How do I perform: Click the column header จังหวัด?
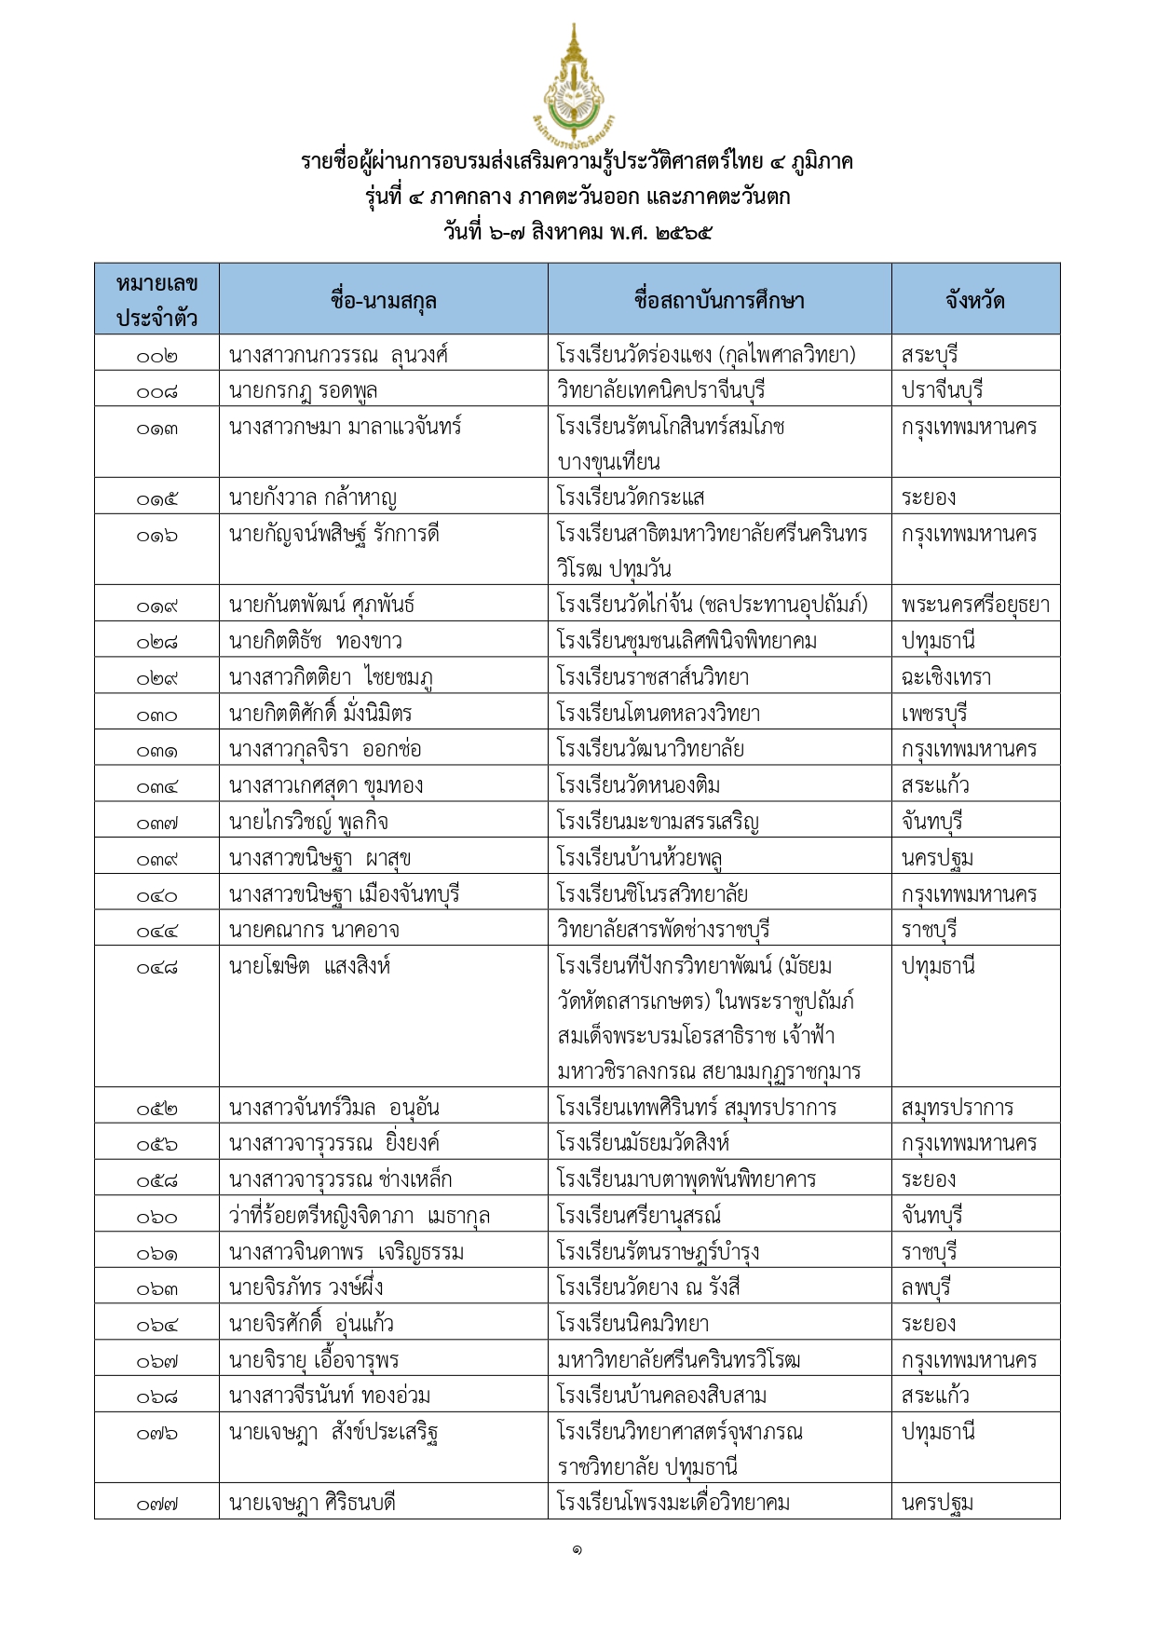pos(974,300)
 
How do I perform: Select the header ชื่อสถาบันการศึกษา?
pos(718,300)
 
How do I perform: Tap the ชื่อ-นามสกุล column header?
pos(383,300)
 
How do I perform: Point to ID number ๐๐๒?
pos(156,355)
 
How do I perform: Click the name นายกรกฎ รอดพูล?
pos(303,390)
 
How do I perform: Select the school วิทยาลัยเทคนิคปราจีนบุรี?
pos(660,390)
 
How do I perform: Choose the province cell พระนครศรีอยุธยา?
pos(974,605)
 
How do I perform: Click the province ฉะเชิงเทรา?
pos(946,677)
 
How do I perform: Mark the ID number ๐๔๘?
pos(156,967)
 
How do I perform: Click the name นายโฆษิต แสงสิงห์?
pos(309,966)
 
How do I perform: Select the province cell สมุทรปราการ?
pos(957,1108)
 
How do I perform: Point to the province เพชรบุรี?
pos(934,714)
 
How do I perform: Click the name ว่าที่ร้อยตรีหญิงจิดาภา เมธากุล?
pos(360,1216)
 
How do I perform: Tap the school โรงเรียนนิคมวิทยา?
pos(632,1324)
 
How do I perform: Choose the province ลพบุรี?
pos(926,1288)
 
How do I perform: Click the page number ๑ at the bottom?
pos(577,1549)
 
